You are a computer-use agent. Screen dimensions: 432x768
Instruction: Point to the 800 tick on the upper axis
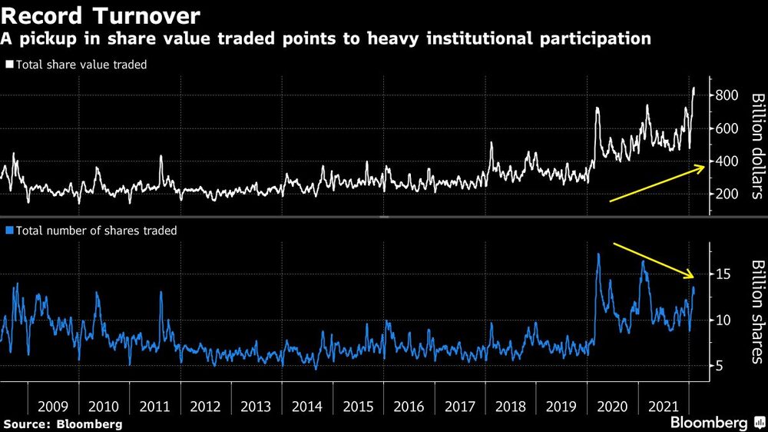point(729,95)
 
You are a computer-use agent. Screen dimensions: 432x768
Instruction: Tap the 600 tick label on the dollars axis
point(729,128)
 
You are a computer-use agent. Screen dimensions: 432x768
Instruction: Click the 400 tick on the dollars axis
point(729,161)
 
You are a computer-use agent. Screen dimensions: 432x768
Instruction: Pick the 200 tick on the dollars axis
point(729,194)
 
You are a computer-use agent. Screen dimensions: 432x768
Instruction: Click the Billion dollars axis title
point(756,146)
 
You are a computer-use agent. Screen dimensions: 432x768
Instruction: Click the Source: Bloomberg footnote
point(62,424)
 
